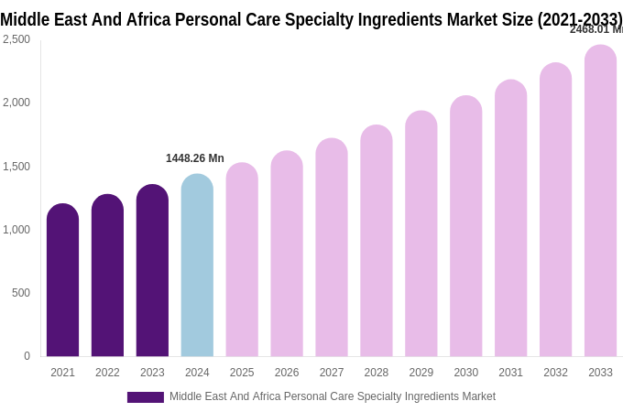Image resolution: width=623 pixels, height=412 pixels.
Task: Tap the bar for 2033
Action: tap(600, 201)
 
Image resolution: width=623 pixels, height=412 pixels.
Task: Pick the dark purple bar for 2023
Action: tap(152, 271)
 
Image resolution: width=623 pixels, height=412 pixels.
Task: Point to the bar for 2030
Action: tap(465, 226)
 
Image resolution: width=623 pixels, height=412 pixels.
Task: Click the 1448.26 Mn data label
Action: tap(194, 158)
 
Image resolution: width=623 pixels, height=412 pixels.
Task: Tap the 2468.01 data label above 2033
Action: tap(596, 29)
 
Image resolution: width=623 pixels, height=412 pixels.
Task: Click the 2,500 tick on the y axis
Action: tap(16, 39)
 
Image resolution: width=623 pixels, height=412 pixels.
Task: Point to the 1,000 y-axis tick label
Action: tap(16, 230)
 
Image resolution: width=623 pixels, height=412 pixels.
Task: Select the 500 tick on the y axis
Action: tap(20, 293)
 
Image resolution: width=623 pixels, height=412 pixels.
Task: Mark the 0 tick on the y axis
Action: tap(27, 356)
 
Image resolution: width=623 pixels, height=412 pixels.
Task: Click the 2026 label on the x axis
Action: tap(287, 373)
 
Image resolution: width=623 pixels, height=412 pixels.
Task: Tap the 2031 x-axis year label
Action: tap(510, 373)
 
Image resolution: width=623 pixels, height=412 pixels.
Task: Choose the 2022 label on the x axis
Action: tap(107, 373)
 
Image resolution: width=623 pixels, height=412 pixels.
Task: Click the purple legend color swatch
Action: tap(145, 397)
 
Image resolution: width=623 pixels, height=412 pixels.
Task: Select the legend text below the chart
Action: tap(332, 396)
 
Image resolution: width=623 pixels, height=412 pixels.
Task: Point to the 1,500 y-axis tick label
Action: tap(16, 167)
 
